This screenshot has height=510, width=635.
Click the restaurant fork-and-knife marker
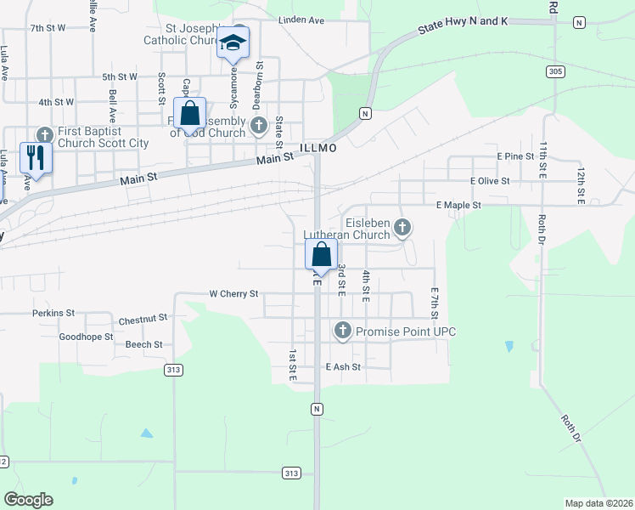pos(36,156)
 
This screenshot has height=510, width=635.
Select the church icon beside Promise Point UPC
pos(343,330)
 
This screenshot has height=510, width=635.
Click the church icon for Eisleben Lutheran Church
pos(402,227)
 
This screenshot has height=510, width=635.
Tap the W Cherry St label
pos(233,294)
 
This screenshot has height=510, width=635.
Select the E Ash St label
pos(343,367)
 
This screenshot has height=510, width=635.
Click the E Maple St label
pos(458,206)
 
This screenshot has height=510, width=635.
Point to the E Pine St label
pos(514,157)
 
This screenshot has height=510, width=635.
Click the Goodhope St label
pos(86,337)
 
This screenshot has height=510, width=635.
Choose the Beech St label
pos(143,344)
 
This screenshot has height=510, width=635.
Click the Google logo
pos(28,500)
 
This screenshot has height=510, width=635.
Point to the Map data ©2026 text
pos(598,503)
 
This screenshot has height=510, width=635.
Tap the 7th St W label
pos(48,28)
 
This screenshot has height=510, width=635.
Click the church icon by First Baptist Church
pos(45,134)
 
